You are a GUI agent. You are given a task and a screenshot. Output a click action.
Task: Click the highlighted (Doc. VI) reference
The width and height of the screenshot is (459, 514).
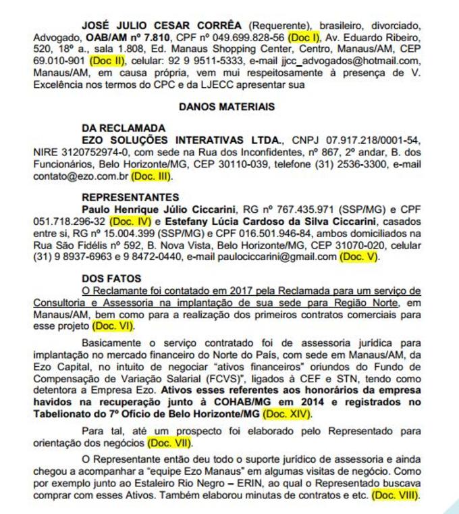coord(112,325)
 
